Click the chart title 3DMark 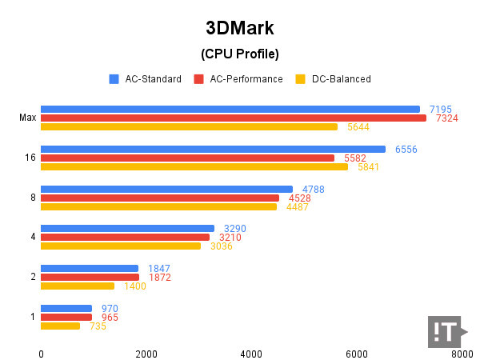pyautogui.click(x=239, y=28)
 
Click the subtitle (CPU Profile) pyautogui.click(x=239, y=54)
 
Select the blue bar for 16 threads pyautogui.click(x=213, y=149)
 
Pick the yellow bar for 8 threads pyautogui.click(x=158, y=206)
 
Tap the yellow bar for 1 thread pyautogui.click(x=60, y=326)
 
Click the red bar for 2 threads pyautogui.click(x=90, y=277)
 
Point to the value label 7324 pyautogui.click(x=442, y=118)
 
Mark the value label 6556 pyautogui.click(x=406, y=149)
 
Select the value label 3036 pyautogui.click(x=221, y=246)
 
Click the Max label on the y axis pyautogui.click(x=27, y=118)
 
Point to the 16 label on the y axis pyautogui.click(x=30, y=158)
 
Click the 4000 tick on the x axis pyautogui.click(x=251, y=353)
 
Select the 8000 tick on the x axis pyautogui.click(x=461, y=353)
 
